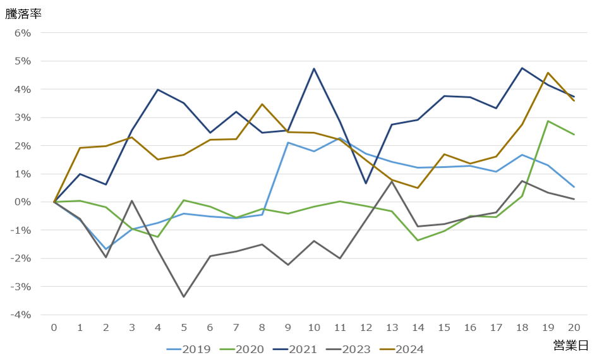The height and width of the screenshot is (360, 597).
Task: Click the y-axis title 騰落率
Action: [23, 13]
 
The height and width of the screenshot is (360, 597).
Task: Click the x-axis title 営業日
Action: [570, 345]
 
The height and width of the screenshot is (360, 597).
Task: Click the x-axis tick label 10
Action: [313, 327]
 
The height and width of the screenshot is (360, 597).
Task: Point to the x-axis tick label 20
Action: [574, 327]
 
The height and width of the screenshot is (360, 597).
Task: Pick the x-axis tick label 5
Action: [184, 327]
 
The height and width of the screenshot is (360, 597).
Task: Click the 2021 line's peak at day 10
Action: [314, 69]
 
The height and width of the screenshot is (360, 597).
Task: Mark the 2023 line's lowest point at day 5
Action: [184, 297]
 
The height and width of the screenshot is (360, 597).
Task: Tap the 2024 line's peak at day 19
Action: [548, 73]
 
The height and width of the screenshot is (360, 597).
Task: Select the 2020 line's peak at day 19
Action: [548, 121]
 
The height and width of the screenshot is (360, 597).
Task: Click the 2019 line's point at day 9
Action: [288, 142]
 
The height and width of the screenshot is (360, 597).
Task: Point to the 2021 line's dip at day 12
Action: [366, 183]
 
